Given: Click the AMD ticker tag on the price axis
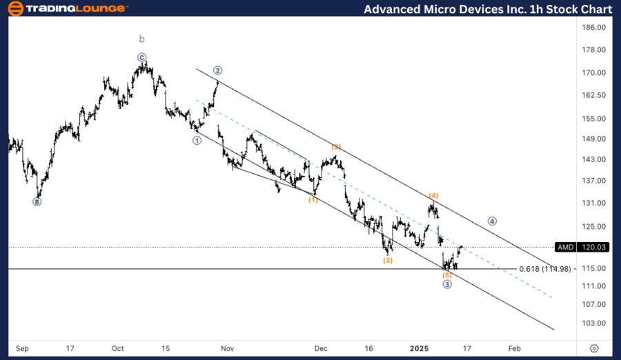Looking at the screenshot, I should [566, 247].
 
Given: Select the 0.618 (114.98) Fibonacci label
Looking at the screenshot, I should [546, 269].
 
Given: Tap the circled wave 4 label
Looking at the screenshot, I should [492, 221].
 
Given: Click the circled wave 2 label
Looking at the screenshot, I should [217, 70].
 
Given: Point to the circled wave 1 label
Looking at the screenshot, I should [197, 140].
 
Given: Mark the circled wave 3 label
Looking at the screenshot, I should [447, 284].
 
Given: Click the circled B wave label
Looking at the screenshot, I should [37, 202].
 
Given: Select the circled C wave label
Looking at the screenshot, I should [141, 58].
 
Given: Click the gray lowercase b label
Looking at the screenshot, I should [141, 39].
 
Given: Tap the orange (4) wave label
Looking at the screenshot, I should [433, 196].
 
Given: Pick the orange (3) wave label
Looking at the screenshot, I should [388, 260].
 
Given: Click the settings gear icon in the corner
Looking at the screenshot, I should [594, 349].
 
